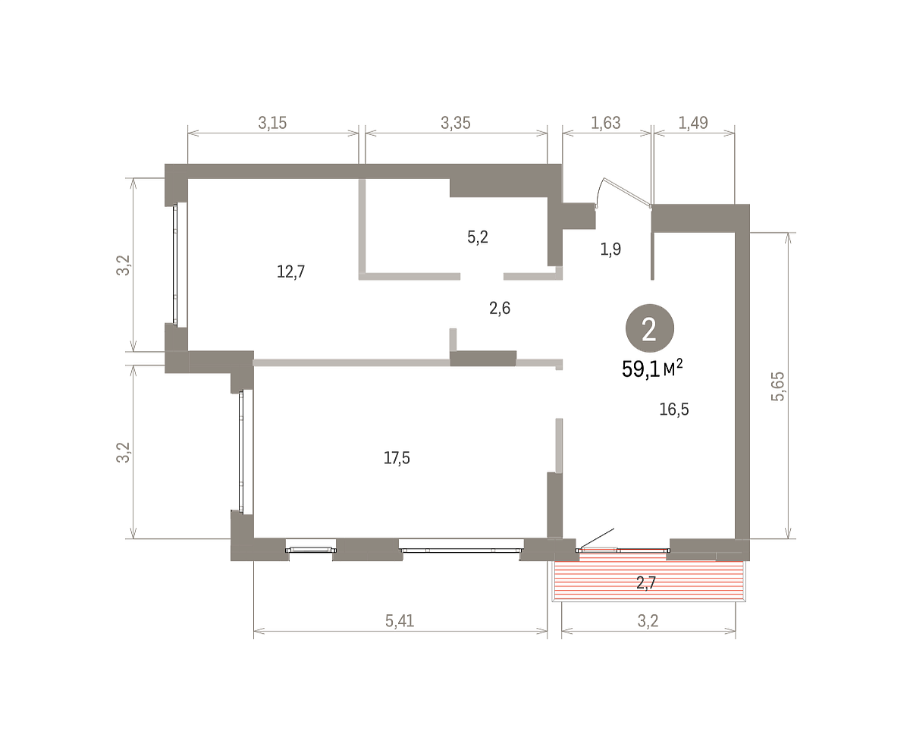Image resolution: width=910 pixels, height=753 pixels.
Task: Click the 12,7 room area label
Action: [x=290, y=272]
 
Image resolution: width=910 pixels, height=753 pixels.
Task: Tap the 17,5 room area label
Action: [x=397, y=458]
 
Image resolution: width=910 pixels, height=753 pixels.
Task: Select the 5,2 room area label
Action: [x=478, y=237]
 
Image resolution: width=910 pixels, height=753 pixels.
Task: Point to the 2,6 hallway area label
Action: [x=500, y=309]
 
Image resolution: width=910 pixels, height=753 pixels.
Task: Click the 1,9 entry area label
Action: [x=610, y=249]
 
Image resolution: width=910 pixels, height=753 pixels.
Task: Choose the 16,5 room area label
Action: [x=674, y=409]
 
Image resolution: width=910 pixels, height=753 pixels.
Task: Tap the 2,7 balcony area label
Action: [x=646, y=582]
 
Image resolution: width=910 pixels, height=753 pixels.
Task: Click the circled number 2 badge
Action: [x=649, y=328]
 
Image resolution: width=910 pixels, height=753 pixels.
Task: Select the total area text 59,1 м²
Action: [x=652, y=369]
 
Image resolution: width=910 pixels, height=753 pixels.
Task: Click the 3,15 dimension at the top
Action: [x=272, y=123]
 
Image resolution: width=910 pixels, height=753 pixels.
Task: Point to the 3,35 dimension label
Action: [x=456, y=123]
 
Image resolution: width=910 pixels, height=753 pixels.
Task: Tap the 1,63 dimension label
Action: [x=606, y=123]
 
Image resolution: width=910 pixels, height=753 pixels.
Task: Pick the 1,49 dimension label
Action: [x=693, y=123]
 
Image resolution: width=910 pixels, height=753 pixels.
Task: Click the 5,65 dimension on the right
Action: [x=777, y=386]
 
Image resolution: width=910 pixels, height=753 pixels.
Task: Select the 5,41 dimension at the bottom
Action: [x=400, y=620]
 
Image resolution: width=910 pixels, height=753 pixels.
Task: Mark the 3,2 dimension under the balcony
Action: [x=648, y=620]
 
